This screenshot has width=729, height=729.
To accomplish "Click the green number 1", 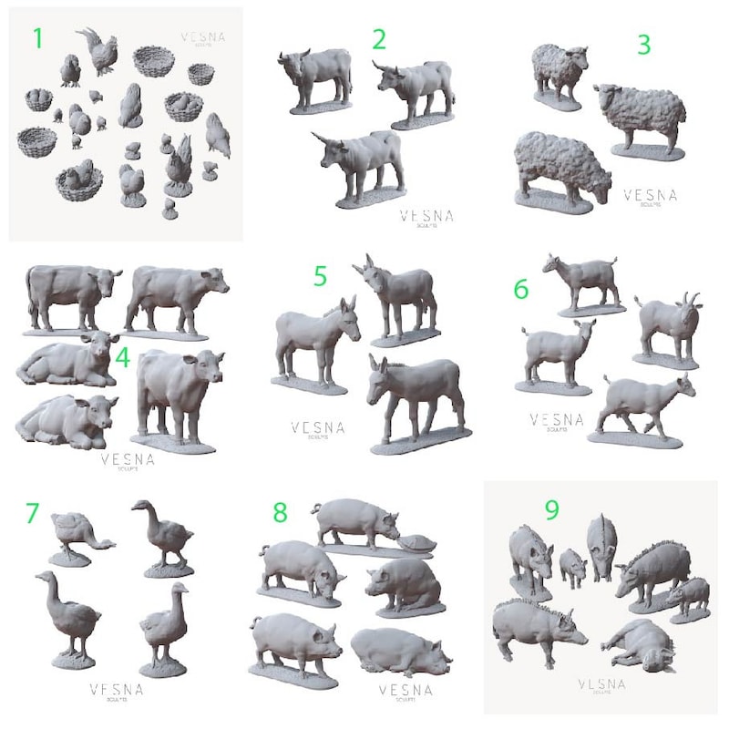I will coord(37,38).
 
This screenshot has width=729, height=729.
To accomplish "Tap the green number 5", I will coord(320,276).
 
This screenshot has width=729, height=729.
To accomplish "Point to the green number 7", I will coord(33,513).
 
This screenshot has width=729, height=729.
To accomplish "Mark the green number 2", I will coord(379,39).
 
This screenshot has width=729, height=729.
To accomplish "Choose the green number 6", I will coord(521,289).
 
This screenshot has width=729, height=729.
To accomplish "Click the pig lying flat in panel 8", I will coord(401,648).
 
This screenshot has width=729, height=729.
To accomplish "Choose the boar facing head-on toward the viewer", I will coord(601,545).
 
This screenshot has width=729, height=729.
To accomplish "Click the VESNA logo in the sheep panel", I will coord(650,197).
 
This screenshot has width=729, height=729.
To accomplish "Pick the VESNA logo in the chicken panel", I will coord(202,39).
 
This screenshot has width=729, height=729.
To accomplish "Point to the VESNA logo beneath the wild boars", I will coord(602,686).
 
